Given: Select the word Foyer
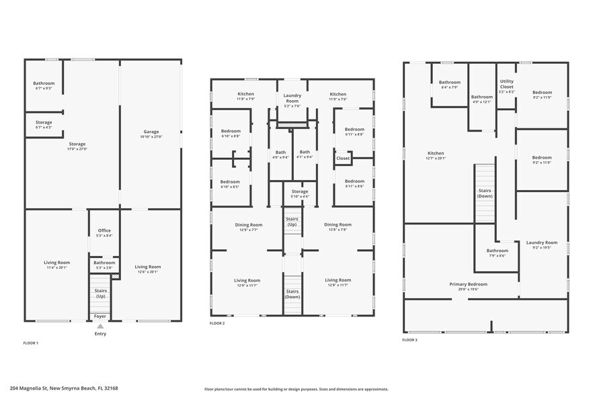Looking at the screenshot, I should [x=100, y=315].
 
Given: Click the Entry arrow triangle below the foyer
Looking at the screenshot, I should [x=100, y=326].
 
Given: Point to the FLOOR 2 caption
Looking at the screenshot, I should [x=218, y=323].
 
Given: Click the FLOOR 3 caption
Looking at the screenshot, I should [x=410, y=340].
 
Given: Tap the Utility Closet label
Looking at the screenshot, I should [x=506, y=84].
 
